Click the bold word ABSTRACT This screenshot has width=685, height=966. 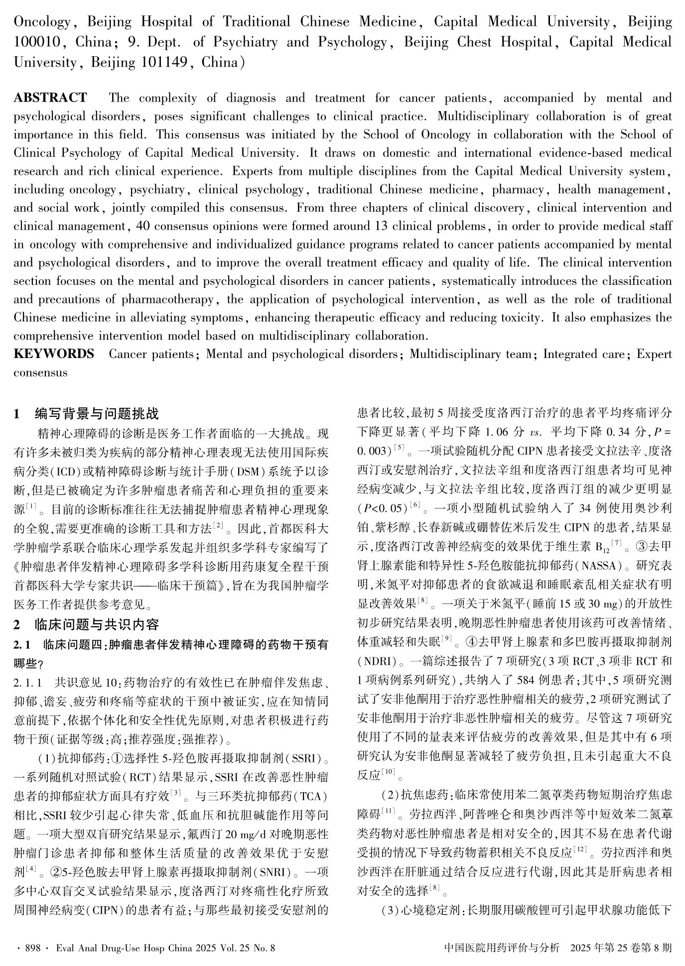50,98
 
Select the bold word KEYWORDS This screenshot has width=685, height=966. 54,354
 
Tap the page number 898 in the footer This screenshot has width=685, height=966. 33,948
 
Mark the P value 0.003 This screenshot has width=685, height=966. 373,451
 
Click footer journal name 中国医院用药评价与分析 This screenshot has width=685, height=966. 501,948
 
